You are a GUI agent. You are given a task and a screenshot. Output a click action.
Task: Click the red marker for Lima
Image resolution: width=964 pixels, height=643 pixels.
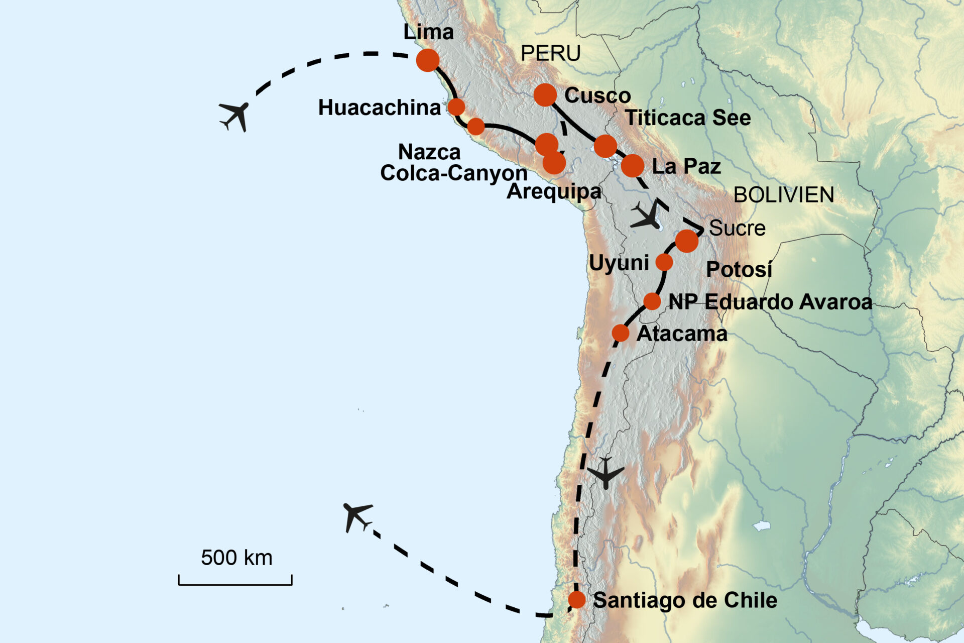pyautogui.click(x=428, y=60)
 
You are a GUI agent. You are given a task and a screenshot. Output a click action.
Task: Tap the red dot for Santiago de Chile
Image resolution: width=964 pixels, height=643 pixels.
pyautogui.click(x=577, y=600)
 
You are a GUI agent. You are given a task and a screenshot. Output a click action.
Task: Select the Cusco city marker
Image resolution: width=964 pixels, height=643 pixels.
pyautogui.click(x=545, y=94)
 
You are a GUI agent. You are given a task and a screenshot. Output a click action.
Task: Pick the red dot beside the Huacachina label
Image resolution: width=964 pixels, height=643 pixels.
pyautogui.click(x=456, y=107)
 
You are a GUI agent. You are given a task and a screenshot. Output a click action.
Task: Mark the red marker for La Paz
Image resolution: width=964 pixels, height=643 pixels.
pyautogui.click(x=633, y=165)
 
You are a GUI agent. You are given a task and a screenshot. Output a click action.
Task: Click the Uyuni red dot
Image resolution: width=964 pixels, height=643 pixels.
pyautogui.click(x=664, y=262)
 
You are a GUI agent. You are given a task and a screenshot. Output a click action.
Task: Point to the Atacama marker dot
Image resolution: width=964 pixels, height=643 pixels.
pyautogui.click(x=621, y=333)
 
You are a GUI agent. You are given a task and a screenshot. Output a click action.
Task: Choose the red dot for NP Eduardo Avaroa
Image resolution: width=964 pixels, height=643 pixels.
pyautogui.click(x=652, y=301)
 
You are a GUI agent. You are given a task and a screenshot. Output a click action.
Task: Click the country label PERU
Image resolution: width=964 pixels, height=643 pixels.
pyautogui.click(x=551, y=53)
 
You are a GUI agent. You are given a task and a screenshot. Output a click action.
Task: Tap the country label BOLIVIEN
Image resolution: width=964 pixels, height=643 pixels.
pyautogui.click(x=784, y=195)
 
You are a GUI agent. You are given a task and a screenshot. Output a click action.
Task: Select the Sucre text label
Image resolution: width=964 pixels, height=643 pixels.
pyautogui.click(x=737, y=229)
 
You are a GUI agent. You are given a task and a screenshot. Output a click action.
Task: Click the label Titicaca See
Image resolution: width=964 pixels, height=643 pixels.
pyautogui.click(x=688, y=118)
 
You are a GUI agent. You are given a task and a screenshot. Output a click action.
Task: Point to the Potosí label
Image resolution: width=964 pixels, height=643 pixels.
pyautogui.click(x=739, y=270)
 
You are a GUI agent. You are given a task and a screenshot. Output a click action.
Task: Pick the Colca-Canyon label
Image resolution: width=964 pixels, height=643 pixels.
pyautogui.click(x=454, y=173)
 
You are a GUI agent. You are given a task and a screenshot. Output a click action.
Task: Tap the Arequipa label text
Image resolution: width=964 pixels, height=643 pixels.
pyautogui.click(x=554, y=192)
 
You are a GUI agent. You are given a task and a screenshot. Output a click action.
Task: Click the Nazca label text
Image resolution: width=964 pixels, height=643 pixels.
pyautogui.click(x=429, y=152)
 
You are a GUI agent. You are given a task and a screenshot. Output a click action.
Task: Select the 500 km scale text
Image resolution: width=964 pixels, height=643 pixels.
pyautogui.click(x=236, y=558)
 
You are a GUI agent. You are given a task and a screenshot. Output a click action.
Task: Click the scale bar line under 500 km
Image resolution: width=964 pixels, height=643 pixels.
pyautogui.click(x=235, y=584)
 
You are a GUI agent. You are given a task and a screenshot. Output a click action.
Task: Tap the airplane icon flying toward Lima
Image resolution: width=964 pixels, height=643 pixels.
pyautogui.click(x=234, y=116)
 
